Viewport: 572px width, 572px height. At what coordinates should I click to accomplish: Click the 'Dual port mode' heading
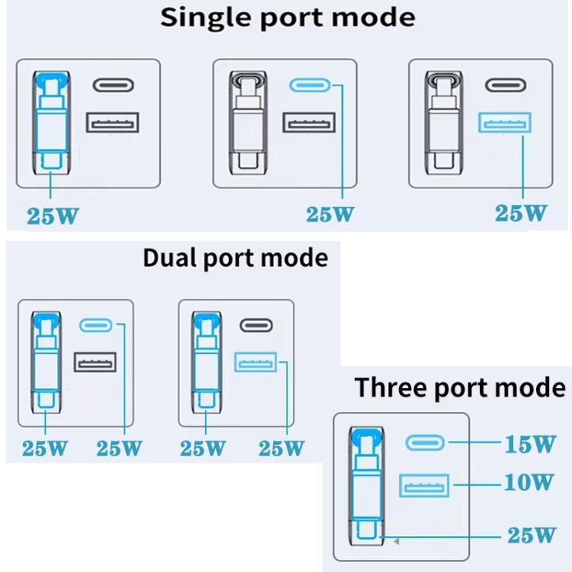point(235,258)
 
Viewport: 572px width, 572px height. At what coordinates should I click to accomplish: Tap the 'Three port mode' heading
point(460,387)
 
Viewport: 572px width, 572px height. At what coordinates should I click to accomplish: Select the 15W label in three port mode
point(529,445)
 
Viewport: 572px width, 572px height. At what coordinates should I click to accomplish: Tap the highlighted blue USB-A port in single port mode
point(504,124)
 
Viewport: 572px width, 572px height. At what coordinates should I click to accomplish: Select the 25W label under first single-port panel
point(53,216)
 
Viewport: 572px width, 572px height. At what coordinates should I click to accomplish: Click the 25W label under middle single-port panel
point(330,214)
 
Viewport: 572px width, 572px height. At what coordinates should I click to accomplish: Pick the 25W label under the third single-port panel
point(521,214)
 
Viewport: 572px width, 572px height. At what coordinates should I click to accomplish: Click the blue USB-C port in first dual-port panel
point(96,325)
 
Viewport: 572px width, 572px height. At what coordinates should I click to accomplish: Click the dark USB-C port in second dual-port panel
point(256,325)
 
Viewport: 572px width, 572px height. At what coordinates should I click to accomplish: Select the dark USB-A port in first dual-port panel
point(95,362)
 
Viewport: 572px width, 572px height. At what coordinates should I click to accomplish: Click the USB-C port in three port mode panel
point(424,443)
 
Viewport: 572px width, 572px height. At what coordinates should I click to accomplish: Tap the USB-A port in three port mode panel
point(424,485)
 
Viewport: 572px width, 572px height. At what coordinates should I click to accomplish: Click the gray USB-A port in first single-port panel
point(113,124)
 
